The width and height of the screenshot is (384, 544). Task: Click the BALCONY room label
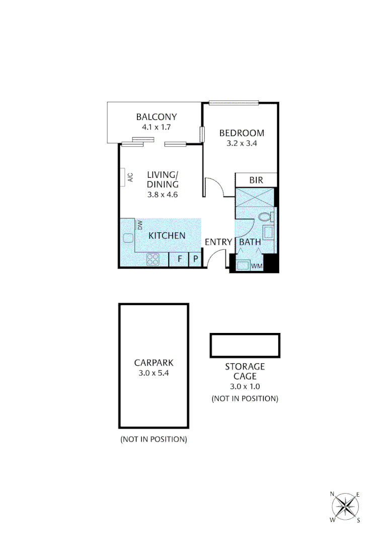pyautogui.click(x=157, y=117)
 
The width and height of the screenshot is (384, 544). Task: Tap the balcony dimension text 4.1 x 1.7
pyautogui.click(x=157, y=127)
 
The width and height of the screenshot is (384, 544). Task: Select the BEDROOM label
pyautogui.click(x=242, y=133)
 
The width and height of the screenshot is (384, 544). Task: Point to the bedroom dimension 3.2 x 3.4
pyautogui.click(x=242, y=143)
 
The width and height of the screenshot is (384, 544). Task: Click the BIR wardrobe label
pyautogui.click(x=257, y=180)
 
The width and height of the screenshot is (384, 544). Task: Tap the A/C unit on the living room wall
pyautogui.click(x=123, y=177)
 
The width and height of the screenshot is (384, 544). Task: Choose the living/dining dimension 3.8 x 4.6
pyautogui.click(x=162, y=194)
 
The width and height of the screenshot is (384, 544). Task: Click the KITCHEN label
pyautogui.click(x=167, y=235)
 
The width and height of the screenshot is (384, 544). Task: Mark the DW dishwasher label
pyautogui.click(x=140, y=225)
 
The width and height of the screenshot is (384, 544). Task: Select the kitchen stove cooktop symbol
pyautogui.click(x=152, y=259)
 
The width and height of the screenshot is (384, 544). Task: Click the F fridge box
pyautogui.click(x=179, y=259)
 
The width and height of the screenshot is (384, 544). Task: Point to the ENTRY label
pyautogui.click(x=218, y=242)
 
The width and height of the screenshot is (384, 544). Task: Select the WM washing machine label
pyautogui.click(x=257, y=265)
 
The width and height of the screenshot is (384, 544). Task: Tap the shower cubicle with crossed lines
pyautogui.click(x=255, y=196)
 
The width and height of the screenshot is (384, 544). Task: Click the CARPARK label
pyautogui.click(x=153, y=362)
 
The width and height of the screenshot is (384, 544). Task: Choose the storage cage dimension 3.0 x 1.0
pyautogui.click(x=245, y=387)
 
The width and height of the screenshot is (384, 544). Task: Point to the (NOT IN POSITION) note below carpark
pyautogui.click(x=153, y=439)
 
